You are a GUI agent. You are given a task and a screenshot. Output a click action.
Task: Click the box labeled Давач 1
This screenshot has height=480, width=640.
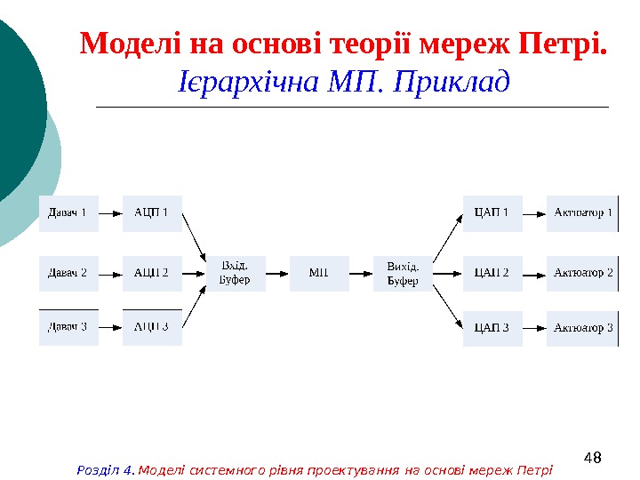click(68, 213)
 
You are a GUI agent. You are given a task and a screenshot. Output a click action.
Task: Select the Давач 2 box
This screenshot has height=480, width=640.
click(68, 273)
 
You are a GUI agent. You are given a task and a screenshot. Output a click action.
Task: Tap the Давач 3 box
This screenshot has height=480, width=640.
click(68, 327)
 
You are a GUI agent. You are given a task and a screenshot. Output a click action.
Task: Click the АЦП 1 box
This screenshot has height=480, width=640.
click(152, 213)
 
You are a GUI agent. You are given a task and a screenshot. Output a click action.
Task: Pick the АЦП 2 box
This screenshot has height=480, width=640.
click(152, 273)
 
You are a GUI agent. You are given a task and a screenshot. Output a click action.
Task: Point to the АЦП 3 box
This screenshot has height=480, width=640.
click(152, 327)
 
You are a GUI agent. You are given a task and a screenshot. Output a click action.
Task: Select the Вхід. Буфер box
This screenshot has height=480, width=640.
click(235, 273)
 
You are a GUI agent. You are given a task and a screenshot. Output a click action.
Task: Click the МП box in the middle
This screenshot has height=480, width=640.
click(319, 273)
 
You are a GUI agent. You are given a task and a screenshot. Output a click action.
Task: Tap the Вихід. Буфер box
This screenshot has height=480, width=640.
click(403, 273)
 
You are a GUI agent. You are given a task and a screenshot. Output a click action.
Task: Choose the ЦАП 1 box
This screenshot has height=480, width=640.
click(492, 213)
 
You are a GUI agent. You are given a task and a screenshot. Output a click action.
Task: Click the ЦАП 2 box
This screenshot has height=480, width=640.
click(492, 273)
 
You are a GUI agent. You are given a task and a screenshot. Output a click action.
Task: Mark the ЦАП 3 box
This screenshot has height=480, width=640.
click(492, 328)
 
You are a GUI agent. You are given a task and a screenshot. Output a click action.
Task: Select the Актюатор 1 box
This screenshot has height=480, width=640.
click(582, 213)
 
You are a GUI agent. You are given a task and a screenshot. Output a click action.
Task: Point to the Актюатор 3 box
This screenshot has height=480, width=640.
click(582, 328)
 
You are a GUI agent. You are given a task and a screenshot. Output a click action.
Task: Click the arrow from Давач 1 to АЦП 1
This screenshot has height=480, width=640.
click(110, 213)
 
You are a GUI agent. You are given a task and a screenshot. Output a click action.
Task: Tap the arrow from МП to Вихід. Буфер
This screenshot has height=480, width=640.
click(361, 273)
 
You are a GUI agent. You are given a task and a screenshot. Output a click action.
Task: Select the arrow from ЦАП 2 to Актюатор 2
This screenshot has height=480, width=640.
click(534, 273)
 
